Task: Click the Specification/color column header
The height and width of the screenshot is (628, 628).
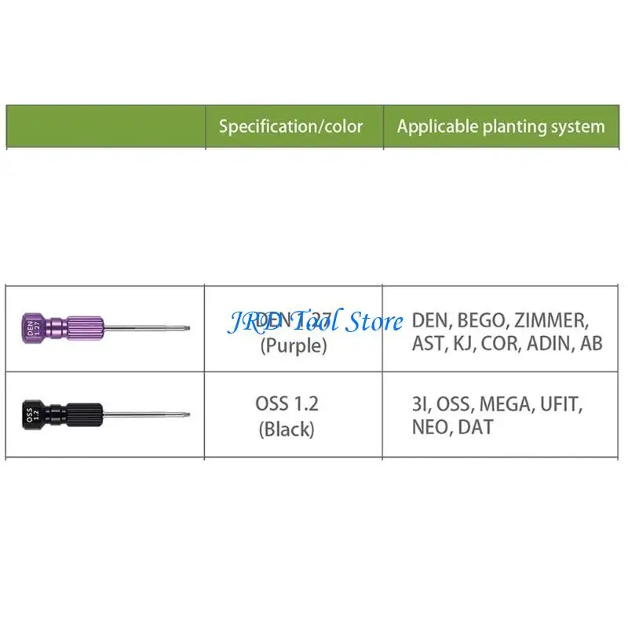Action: [290, 126]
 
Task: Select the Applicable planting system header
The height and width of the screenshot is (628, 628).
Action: [501, 126]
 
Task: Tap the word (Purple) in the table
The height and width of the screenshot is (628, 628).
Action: [293, 346]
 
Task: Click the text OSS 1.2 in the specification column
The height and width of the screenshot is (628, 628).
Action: [287, 404]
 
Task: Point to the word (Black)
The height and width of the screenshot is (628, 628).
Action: [287, 429]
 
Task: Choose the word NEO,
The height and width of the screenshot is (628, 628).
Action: [429, 428]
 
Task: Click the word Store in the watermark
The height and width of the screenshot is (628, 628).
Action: [372, 320]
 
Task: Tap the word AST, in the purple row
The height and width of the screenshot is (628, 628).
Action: [429, 344]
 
